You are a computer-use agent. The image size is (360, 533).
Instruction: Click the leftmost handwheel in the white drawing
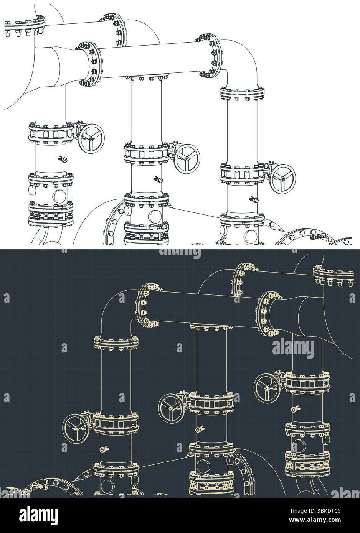pos(92,138)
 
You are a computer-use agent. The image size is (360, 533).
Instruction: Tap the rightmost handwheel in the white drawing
pos(283,179)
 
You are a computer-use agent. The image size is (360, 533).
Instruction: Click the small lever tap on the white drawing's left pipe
pos(62,158)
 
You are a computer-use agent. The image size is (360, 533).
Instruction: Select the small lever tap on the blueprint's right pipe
pos(296,409)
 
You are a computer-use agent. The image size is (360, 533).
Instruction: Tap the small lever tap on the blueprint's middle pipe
pos(200,429)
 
